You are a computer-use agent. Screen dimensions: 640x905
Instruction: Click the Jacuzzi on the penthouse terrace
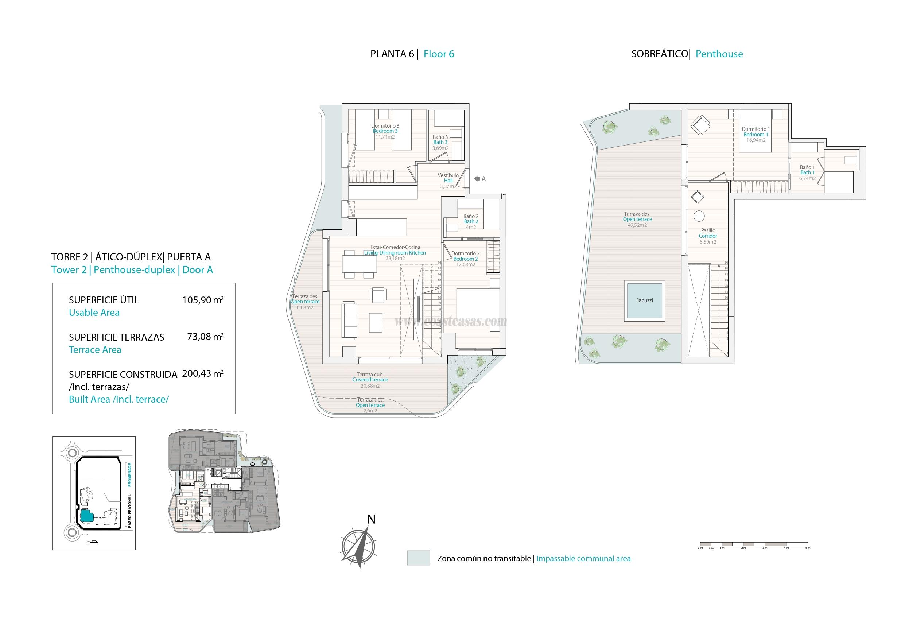[644, 300]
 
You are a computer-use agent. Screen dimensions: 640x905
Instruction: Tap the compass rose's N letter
[371, 520]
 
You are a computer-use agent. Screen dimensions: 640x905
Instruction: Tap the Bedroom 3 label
[385, 131]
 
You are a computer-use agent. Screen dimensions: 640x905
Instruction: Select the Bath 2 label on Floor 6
[471, 222]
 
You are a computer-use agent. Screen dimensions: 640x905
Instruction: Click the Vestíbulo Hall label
[448, 178]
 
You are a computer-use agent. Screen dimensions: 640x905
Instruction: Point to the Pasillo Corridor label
[708, 233]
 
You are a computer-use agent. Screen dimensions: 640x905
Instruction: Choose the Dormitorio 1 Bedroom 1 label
[756, 132]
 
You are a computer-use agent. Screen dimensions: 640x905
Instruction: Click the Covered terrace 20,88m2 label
[370, 380]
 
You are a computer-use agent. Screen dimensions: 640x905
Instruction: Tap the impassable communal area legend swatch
[418, 558]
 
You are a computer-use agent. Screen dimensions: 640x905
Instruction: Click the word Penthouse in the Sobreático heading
[719, 54]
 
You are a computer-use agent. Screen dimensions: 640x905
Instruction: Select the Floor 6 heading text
[439, 54]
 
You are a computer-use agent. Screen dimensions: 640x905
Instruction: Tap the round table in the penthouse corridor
[699, 216]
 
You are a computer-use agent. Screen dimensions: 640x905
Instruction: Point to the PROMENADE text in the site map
[129, 474]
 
